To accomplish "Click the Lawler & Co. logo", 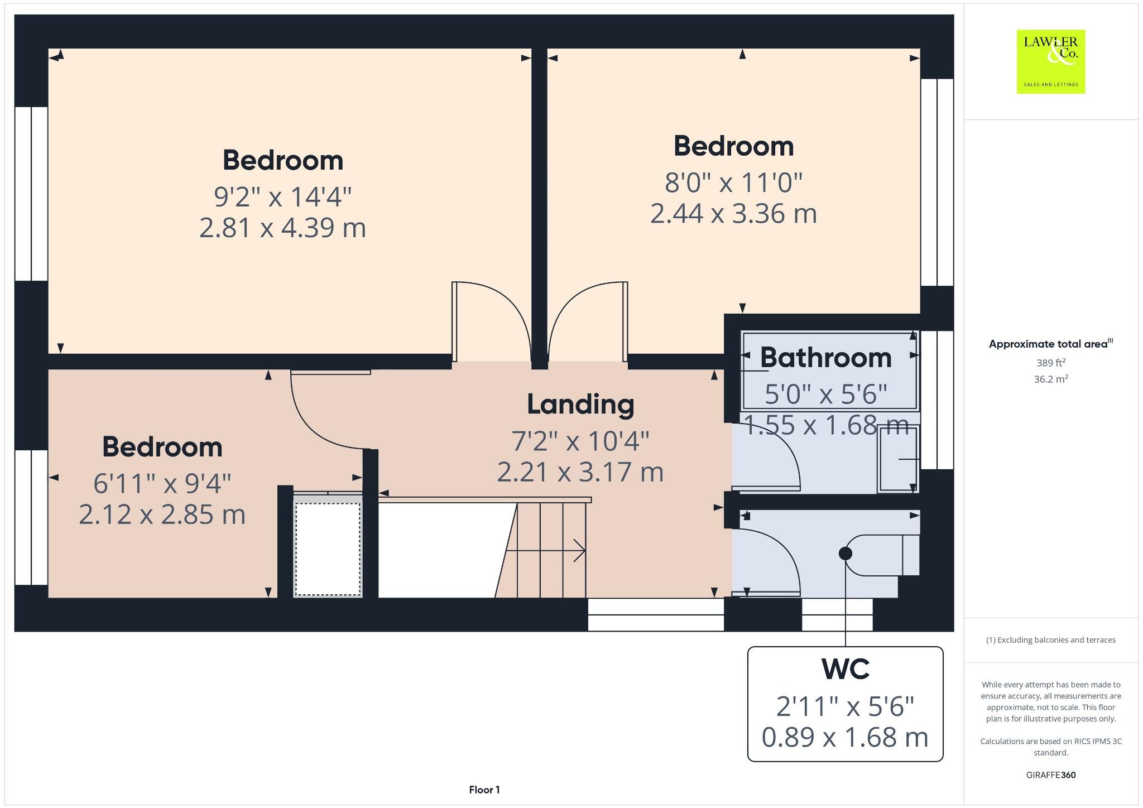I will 1050,61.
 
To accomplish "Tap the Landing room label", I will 580,405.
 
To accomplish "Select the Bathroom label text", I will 825,358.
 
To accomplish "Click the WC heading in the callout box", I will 845,669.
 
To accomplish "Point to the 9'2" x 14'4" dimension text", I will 282,197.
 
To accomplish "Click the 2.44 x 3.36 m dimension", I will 733,214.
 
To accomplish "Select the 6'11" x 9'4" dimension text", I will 162,483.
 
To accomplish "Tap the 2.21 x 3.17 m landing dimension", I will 580,472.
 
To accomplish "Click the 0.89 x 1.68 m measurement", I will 845,737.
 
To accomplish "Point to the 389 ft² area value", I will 1050,363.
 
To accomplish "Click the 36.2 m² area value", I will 1050,379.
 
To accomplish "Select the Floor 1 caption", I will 484,790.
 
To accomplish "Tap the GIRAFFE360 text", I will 1050,775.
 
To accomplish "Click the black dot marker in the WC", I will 845,554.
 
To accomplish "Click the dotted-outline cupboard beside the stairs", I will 328,550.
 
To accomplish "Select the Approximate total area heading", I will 1050,344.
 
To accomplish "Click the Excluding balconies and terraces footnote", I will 1050,640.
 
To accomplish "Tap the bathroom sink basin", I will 897,459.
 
